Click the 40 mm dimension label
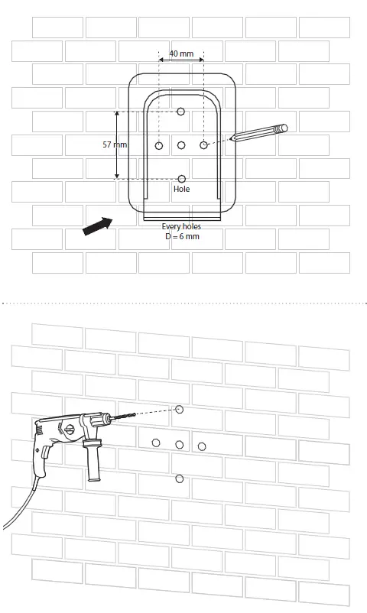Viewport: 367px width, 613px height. (181, 54)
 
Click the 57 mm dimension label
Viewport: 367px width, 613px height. (115, 144)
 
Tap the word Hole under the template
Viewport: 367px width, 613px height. (181, 189)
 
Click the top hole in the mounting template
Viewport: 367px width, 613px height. (181, 112)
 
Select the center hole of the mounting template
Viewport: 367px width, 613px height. (181, 145)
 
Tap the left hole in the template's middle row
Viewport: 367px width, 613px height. (158, 145)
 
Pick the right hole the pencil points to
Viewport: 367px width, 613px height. (204, 144)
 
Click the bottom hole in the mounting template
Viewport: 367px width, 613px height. (181, 178)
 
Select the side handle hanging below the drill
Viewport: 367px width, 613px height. (94, 463)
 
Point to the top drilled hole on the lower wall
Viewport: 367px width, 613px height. (180, 410)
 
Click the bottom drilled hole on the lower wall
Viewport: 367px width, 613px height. (180, 478)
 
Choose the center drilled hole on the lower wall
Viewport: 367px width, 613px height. (180, 444)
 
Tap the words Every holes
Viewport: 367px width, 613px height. (181, 226)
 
